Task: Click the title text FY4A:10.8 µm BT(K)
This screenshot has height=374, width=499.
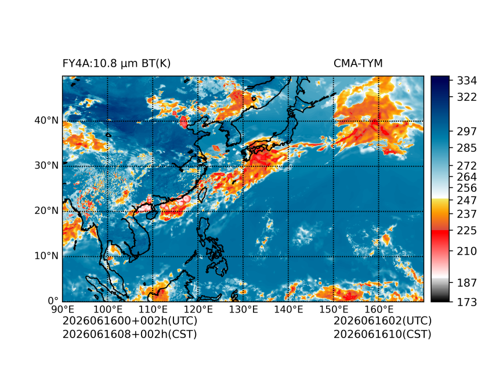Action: tap(117, 64)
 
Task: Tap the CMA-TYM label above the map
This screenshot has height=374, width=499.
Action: tap(358, 64)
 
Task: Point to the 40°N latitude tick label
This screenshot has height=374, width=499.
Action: tap(46, 121)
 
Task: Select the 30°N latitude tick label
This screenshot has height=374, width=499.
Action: tap(46, 166)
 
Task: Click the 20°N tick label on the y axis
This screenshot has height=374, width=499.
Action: tap(46, 211)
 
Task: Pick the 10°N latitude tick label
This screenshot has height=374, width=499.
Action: tap(46, 256)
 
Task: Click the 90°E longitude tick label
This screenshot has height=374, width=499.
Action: tap(63, 309)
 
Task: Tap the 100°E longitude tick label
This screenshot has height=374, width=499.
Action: tap(107, 309)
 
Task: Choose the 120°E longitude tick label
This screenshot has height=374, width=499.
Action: tap(198, 309)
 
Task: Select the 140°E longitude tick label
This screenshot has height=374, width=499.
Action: tap(288, 309)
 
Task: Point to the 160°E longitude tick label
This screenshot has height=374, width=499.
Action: tap(379, 309)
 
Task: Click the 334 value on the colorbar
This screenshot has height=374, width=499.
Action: tap(467, 81)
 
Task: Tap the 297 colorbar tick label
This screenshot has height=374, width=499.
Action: tap(467, 132)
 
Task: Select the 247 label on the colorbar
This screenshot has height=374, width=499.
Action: tap(467, 201)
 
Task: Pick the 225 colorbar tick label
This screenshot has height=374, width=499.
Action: tap(467, 230)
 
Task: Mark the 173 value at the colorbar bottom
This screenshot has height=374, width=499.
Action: tap(467, 302)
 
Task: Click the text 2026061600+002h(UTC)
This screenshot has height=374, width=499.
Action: tap(130, 321)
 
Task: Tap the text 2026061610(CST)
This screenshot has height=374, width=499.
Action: tap(382, 335)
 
